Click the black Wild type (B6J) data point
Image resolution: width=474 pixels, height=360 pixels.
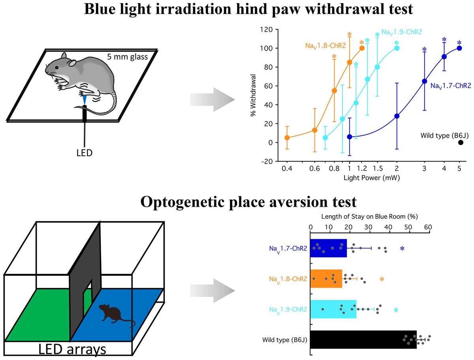(x=460, y=142)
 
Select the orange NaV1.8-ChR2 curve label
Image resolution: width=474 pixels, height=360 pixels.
(x=325, y=46)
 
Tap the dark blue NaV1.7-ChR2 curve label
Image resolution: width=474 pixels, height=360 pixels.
(x=450, y=85)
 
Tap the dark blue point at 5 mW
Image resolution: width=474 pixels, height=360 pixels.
(x=459, y=48)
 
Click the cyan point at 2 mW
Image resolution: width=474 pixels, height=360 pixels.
(x=397, y=48)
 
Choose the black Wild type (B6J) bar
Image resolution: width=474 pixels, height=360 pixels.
(x=363, y=339)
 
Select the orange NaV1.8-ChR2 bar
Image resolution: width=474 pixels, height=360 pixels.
(x=326, y=279)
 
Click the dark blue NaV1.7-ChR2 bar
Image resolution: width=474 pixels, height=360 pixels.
(x=328, y=248)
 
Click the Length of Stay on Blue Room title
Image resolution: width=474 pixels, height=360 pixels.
(x=369, y=217)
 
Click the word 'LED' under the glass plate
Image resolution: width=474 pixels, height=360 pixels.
(x=84, y=152)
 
